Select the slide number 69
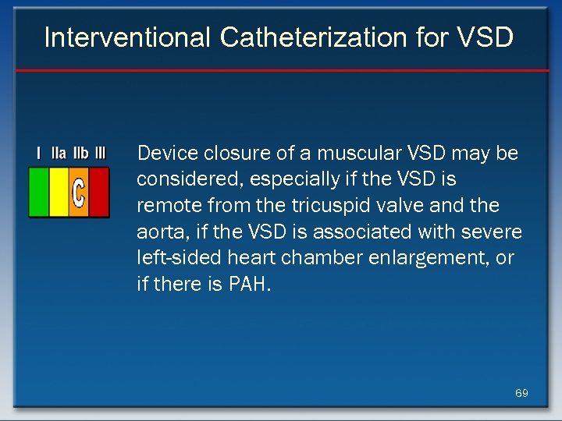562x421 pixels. tap(521, 393)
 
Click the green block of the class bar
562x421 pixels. tap(38, 193)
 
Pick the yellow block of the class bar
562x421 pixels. tap(59, 193)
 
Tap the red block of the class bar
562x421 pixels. tap(99, 193)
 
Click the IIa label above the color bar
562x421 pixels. tap(59, 154)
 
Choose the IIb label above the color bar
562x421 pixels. tap(80, 154)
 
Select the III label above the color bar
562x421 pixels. tap(100, 154)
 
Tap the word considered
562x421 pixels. tap(179, 179)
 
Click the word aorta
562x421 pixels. tap(158, 232)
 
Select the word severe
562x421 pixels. tap(496, 232)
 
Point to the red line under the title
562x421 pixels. tap(281, 71)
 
